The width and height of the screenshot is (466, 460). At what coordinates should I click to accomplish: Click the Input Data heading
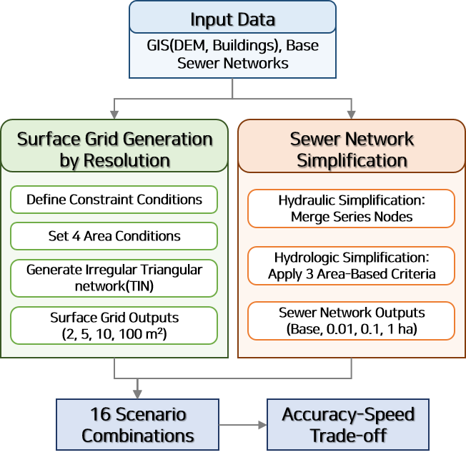[x=232, y=19]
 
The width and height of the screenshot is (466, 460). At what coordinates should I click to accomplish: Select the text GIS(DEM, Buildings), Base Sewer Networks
[x=232, y=54]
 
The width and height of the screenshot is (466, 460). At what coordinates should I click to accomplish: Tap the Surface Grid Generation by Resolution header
[x=114, y=149]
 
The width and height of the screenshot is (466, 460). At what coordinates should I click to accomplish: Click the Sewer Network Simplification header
[x=351, y=149]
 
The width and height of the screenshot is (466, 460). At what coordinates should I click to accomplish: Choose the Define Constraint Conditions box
[x=114, y=199]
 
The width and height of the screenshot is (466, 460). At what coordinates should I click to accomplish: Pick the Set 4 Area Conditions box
[x=114, y=235]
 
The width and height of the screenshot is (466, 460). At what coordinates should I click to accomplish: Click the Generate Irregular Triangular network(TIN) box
[x=114, y=278]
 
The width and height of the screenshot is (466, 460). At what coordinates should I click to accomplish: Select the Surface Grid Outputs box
[x=114, y=326]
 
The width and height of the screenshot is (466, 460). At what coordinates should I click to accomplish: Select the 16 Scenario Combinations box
[x=137, y=425]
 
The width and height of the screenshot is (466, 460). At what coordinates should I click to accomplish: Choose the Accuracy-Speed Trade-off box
[x=348, y=425]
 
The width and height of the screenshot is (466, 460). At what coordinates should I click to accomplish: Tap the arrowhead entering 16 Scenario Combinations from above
[x=137, y=393]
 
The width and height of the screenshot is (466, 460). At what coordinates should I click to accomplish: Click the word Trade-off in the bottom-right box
[x=348, y=436]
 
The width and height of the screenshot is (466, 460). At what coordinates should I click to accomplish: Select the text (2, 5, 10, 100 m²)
[x=114, y=333]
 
